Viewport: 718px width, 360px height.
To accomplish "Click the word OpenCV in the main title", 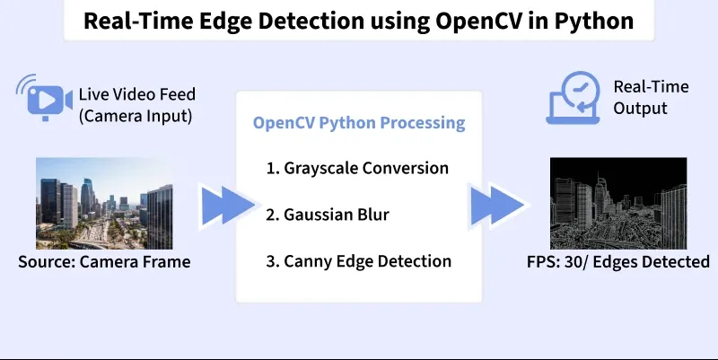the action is click(x=478, y=21).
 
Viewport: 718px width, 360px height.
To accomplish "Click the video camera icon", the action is click(x=44, y=98).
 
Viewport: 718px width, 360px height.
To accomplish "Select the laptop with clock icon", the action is click(x=574, y=98).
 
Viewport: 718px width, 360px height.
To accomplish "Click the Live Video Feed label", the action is click(x=137, y=94).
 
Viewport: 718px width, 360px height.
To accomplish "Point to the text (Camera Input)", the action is click(x=136, y=116).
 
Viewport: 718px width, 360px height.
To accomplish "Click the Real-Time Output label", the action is click(x=651, y=97).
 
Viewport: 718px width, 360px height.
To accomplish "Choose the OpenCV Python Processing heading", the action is click(x=359, y=123).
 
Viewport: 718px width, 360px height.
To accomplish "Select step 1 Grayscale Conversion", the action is click(x=357, y=168).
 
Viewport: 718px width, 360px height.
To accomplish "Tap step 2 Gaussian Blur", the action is click(x=328, y=215).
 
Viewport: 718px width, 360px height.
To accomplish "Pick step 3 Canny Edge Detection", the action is click(x=358, y=261).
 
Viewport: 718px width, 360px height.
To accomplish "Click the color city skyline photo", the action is click(x=104, y=204).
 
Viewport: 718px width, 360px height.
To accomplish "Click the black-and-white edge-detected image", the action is click(x=618, y=204).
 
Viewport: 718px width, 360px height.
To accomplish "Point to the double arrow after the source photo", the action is click(x=228, y=206).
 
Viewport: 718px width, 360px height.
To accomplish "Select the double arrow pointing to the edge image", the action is click(x=497, y=206).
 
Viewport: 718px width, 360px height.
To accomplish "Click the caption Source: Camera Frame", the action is click(x=104, y=262).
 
